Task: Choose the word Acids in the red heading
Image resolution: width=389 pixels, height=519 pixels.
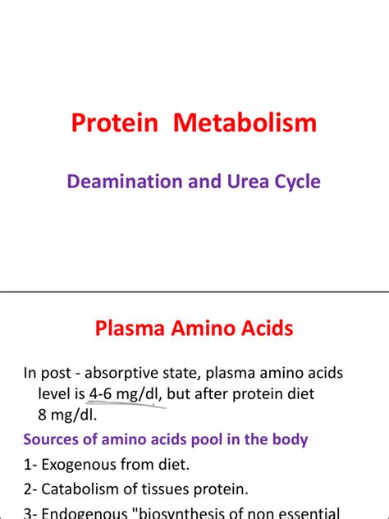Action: click(x=261, y=328)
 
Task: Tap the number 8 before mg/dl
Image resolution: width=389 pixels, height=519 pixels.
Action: click(x=42, y=414)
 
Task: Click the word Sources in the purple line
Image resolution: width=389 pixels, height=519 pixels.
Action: click(x=53, y=439)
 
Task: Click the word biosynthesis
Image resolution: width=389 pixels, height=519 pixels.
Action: click(x=194, y=514)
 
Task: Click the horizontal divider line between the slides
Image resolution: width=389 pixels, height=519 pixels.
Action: click(x=194, y=291)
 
